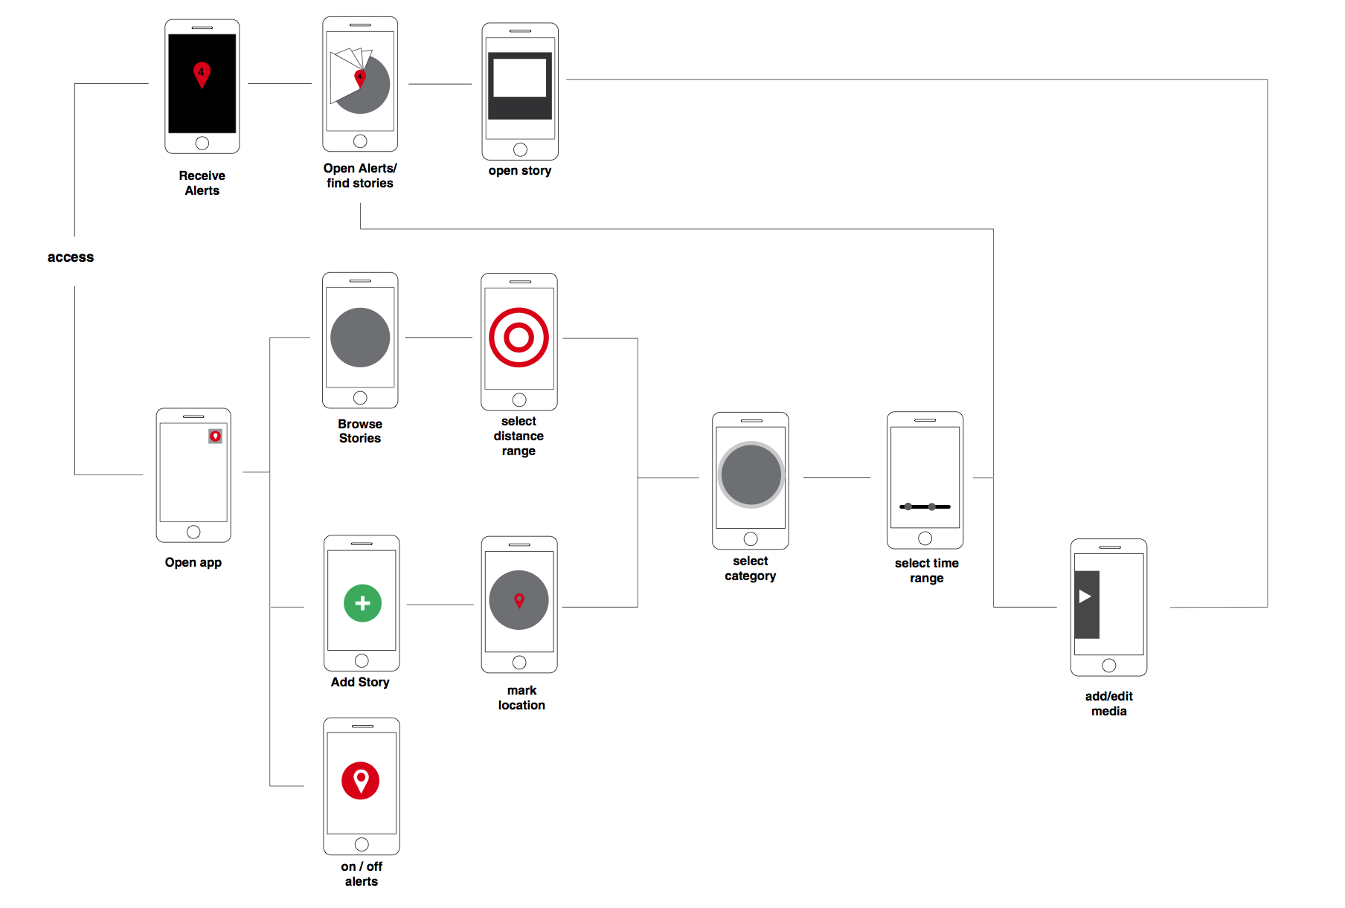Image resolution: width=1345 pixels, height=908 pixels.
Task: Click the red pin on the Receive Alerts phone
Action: [202, 74]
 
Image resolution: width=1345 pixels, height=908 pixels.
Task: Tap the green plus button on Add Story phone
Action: [362, 603]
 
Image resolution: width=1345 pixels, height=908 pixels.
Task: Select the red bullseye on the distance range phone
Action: [519, 338]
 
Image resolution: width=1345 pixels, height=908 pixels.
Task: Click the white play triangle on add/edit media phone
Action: [1085, 596]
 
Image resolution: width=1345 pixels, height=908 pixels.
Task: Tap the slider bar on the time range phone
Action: [925, 506]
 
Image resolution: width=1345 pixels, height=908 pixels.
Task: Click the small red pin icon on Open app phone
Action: [215, 437]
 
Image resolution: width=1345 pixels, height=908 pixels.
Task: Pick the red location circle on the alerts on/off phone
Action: [361, 780]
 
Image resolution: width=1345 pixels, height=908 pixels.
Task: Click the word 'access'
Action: [71, 257]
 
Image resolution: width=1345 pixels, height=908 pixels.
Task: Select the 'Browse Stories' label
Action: [360, 431]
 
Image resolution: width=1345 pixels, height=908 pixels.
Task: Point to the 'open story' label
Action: [520, 171]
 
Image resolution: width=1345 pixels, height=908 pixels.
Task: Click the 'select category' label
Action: [750, 569]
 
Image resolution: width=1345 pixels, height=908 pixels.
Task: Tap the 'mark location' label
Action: [521, 698]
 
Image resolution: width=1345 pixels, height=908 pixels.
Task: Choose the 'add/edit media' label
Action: [1108, 703]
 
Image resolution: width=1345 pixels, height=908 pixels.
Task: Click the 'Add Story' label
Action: [360, 682]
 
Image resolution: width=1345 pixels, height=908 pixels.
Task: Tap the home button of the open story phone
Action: [520, 149]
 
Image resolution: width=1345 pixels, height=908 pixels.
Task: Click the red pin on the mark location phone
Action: [519, 600]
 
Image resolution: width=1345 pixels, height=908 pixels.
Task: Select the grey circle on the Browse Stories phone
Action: [360, 338]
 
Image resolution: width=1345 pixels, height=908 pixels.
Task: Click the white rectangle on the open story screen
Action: [520, 78]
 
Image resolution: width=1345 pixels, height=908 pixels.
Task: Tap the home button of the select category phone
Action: [751, 538]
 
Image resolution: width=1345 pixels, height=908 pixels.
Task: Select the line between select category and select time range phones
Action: [837, 477]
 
